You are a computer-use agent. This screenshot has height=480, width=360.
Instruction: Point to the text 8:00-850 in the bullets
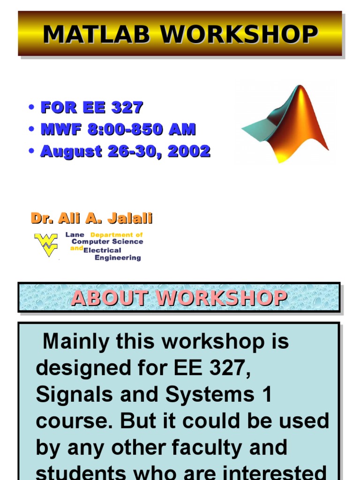click(124, 129)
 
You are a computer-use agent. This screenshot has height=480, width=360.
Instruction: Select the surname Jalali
click(130, 218)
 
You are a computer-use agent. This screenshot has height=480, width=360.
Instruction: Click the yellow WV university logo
click(46, 244)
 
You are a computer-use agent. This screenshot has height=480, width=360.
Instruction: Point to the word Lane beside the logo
click(75, 234)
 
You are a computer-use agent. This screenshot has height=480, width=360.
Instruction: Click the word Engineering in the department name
click(118, 258)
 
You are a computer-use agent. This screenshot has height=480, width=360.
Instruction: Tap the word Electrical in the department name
click(102, 250)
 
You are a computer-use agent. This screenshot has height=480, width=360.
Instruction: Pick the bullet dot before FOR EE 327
click(31, 107)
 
